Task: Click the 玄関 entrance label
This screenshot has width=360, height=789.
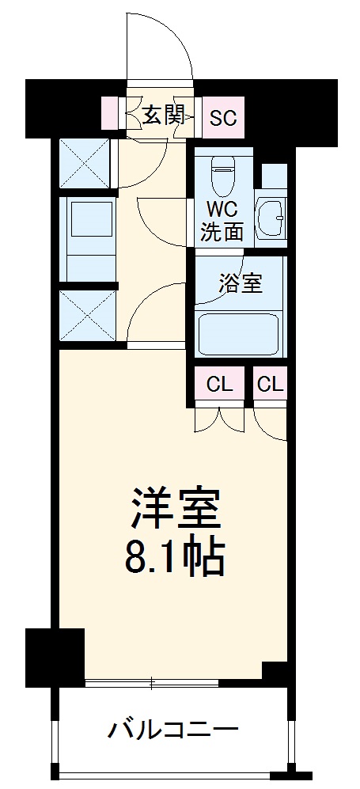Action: pos(163,117)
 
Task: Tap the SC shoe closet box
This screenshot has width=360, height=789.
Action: pos(222,118)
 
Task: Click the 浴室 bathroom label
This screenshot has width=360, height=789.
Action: pos(240,283)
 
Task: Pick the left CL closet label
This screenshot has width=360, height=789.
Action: pos(220,385)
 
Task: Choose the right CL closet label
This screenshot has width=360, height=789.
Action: pos(271,385)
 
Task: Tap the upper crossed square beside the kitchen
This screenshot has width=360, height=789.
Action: pos(85,164)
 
